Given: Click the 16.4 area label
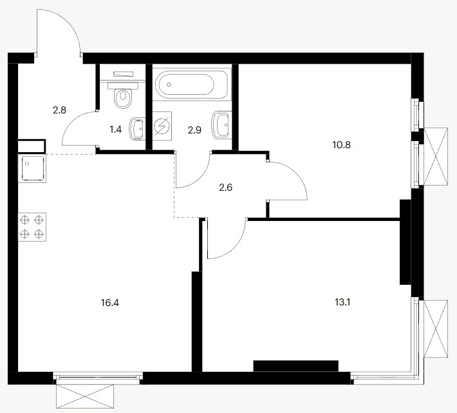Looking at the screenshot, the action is coord(110,303).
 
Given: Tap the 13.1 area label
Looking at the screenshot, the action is coord(342,302).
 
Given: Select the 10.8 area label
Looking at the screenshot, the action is coord(341,145).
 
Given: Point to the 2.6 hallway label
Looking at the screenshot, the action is coord(225,187).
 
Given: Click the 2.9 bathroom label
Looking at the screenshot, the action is coord(194,130).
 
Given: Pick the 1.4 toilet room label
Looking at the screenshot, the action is coord(115,130).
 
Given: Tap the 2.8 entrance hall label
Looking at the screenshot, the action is coord(59,110).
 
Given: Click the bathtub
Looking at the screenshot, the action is coord(191,84).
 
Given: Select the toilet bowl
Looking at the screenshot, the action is coord(123,95).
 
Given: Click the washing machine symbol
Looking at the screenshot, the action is coord(162,126).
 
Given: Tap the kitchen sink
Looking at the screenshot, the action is coord(32,168).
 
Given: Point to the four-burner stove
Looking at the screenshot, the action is coord(32,227).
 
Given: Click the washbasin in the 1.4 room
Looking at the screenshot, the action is coord(137,128).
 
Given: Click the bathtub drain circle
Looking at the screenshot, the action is coord(169,84).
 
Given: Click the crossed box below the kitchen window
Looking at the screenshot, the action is coord(85,396).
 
